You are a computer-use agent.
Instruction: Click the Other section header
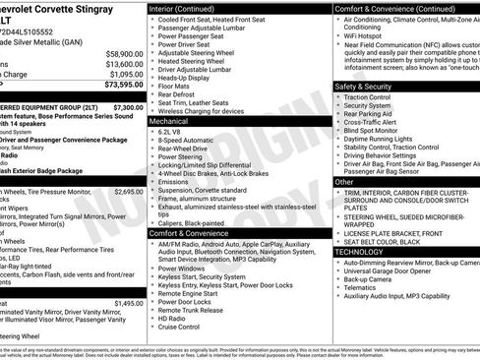pyautogui.click(x=344, y=182)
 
